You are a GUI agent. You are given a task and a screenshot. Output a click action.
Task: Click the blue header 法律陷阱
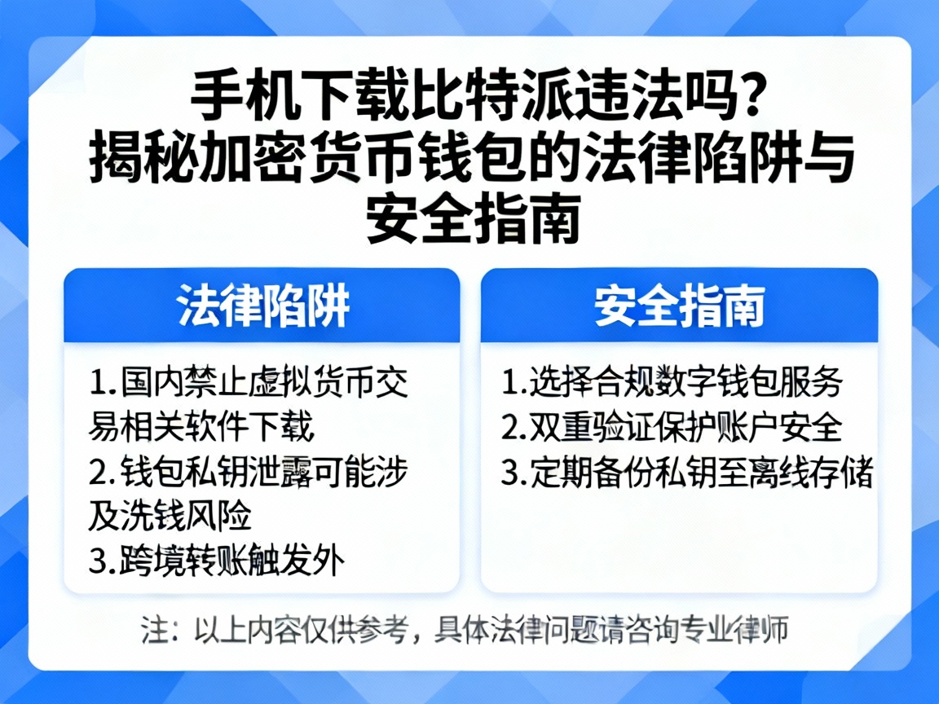coord(263,306)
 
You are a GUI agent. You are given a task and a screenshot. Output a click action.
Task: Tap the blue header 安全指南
coord(679,306)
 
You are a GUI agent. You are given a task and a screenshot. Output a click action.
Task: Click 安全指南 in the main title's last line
coord(473,219)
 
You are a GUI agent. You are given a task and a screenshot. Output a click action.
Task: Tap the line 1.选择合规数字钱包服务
coord(672,381)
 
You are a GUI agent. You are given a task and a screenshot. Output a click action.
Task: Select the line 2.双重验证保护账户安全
coord(672,427)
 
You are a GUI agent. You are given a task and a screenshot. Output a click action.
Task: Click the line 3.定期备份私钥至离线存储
coord(687,473)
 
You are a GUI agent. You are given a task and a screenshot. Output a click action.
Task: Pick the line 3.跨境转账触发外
coord(217,561)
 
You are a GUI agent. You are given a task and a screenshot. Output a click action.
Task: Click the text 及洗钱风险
coord(170,516)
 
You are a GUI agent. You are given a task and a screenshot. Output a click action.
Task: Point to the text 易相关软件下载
coord(201,426)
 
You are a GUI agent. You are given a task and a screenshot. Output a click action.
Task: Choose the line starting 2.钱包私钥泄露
coord(249,471)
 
